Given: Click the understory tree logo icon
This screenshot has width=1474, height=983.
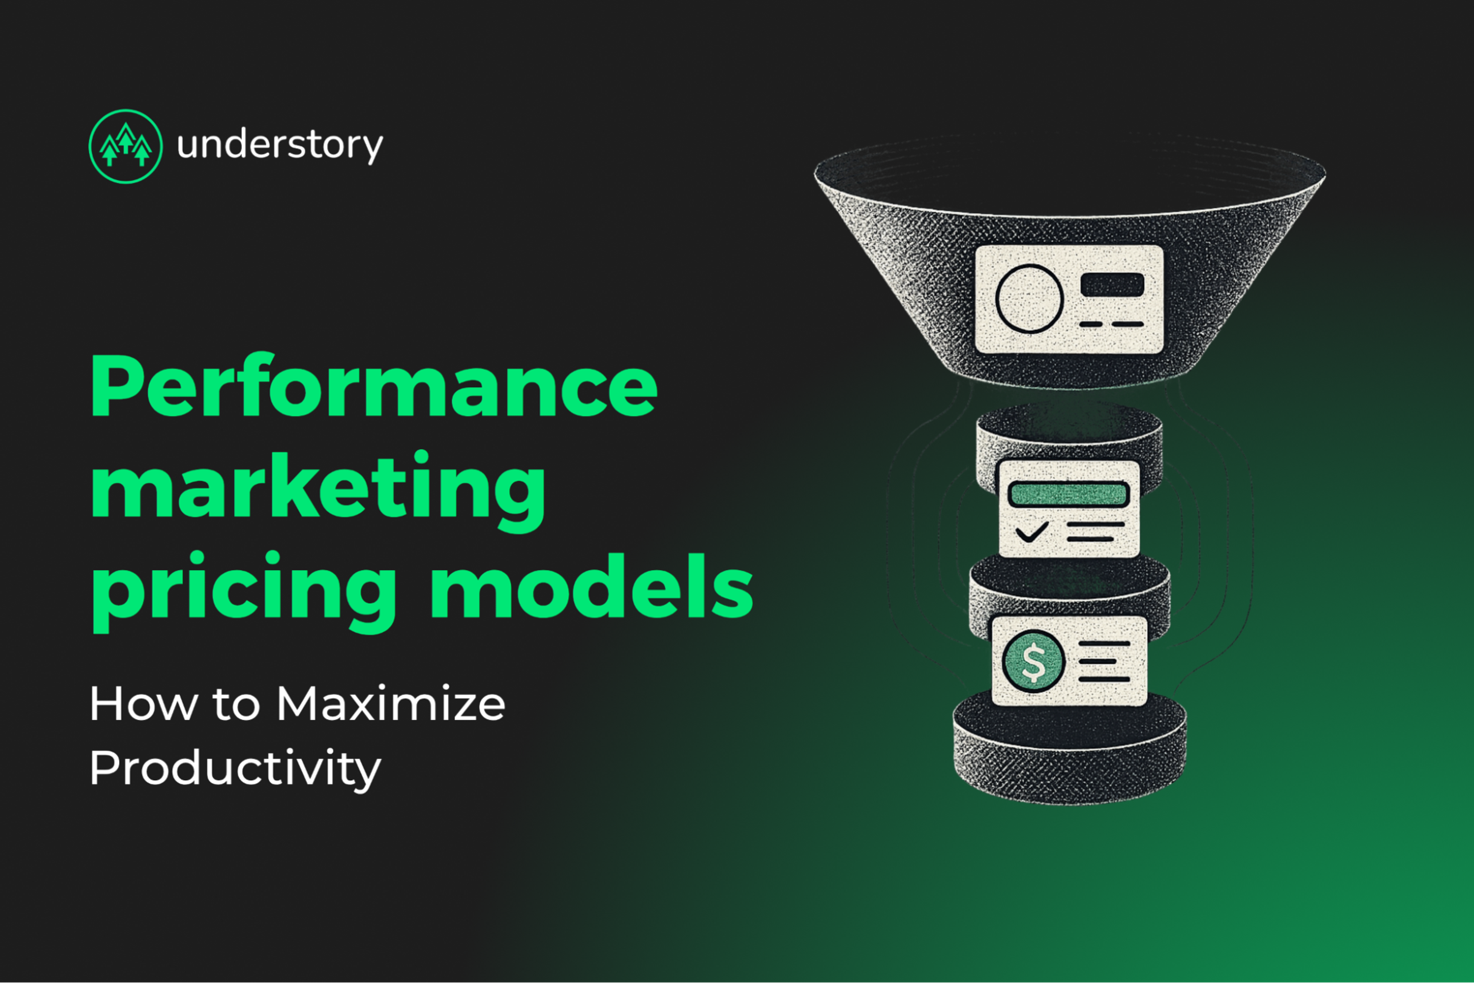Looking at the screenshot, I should coord(126,146).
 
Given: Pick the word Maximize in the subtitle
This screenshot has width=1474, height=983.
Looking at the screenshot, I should coord(391,704).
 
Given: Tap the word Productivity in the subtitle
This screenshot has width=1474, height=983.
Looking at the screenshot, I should coord(235,768).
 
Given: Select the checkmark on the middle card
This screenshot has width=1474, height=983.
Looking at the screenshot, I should coord(1031,533).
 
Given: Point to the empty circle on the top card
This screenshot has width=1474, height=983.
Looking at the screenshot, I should coord(1029,298).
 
